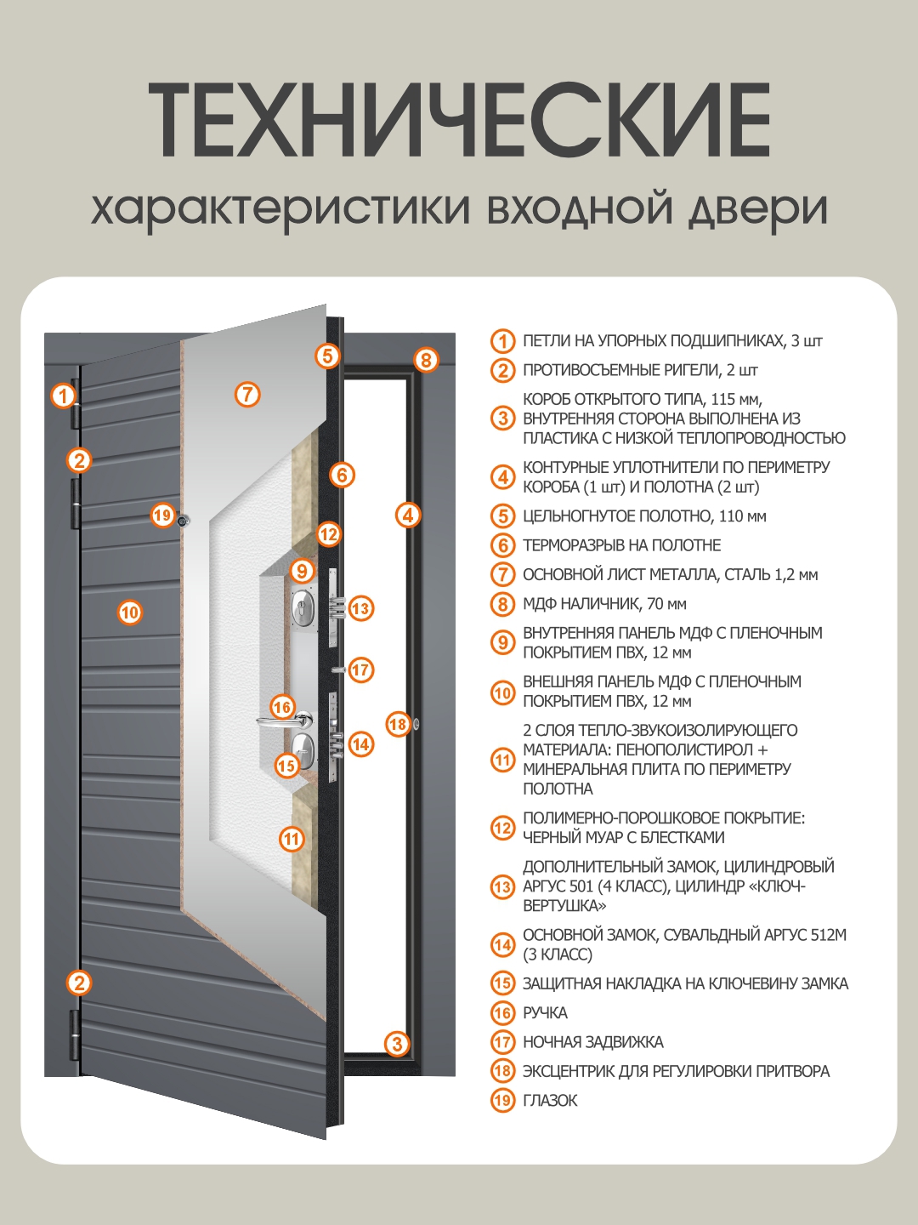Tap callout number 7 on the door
pos(246,394)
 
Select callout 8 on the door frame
pos(426,359)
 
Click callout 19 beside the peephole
pos(162,515)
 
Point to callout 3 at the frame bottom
pos(397,1044)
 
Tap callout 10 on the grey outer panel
pos(129,612)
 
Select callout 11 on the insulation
pos(292,839)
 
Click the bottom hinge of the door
pos(74,1034)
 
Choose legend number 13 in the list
pos(502,886)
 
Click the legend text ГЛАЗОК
pos(550,1100)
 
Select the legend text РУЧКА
pos(545,1012)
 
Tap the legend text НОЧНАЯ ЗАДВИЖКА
pos(592,1042)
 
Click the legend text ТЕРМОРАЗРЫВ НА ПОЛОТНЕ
pos(621,545)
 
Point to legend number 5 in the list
pos(502,516)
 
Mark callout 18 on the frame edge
pos(398,724)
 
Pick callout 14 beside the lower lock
pos(360,744)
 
